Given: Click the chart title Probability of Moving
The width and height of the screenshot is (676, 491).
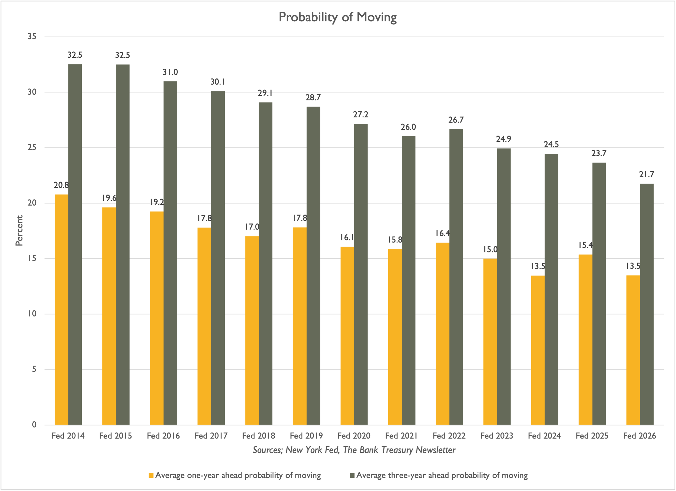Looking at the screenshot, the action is tap(338, 17).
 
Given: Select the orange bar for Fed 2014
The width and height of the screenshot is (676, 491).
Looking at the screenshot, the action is tap(61, 310).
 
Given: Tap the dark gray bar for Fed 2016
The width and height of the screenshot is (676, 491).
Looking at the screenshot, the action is tap(170, 253).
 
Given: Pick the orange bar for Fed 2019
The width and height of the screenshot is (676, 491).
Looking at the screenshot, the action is tap(300, 326).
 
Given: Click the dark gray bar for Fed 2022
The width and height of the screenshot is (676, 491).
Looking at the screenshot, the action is tap(456, 277).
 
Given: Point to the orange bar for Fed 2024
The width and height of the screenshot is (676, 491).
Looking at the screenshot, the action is tap(538, 350).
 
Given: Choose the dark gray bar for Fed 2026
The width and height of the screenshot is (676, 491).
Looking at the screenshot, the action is tap(647, 304).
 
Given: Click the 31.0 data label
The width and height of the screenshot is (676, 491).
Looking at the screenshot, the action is tap(170, 72).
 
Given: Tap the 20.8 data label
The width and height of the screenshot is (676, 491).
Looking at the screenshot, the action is tap(61, 185).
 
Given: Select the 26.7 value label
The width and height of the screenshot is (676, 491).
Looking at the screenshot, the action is tap(456, 120).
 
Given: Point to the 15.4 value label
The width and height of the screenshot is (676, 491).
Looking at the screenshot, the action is tap(585, 245).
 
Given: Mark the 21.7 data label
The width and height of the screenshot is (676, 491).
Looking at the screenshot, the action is tap(647, 174).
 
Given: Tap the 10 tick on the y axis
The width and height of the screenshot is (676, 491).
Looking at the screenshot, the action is tap(32, 314).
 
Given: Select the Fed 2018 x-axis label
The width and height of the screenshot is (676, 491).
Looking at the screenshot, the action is tap(259, 436).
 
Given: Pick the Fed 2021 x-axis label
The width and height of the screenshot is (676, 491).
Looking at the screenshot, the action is tap(402, 436).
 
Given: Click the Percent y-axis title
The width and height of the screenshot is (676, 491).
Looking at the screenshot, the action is tap(19, 231).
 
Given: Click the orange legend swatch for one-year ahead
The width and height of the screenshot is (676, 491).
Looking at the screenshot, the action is tap(151, 476).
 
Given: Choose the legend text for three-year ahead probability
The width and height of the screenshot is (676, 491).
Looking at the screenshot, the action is tap(442, 476).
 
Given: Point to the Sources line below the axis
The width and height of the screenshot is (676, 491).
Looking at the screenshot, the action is tap(354, 450).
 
